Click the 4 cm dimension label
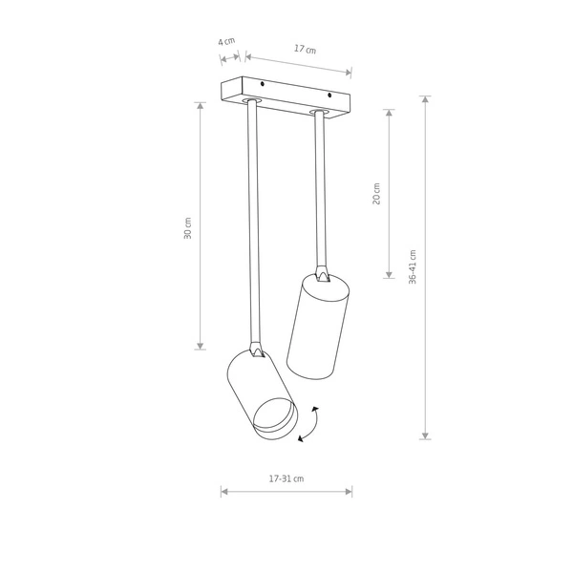point(226,42)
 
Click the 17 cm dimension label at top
point(305,49)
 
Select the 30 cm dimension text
point(188,228)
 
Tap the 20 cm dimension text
point(376,194)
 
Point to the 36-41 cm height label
point(413,267)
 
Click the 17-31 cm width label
point(286,478)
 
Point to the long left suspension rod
point(253,220)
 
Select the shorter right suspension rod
point(320,191)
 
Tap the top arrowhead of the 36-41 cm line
point(425,100)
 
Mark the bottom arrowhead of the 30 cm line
point(201,345)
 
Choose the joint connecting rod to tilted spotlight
point(256,350)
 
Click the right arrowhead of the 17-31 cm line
point(349,492)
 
